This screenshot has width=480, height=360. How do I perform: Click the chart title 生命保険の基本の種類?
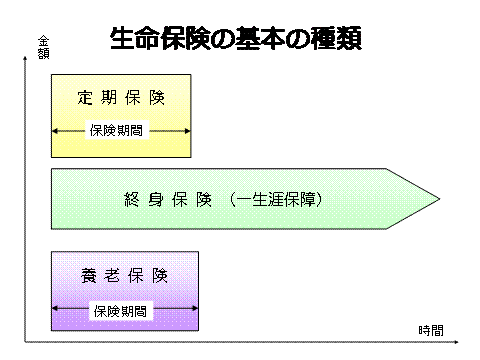pos(236,39)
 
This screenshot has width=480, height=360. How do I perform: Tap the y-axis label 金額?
pos(43,47)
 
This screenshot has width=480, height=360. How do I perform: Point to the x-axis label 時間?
pos(431,330)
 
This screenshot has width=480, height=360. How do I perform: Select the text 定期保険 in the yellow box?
pos(121,98)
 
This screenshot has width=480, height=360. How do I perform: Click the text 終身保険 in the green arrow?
pos(168,200)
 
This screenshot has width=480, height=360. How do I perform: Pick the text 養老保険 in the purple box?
pos(124,276)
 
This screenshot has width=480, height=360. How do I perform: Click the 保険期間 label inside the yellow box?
pos(116,130)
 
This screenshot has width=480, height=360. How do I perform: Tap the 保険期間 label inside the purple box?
pos(120,311)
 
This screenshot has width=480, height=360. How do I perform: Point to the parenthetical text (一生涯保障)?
pos(276,200)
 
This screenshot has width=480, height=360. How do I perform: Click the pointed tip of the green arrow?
pos(439,199)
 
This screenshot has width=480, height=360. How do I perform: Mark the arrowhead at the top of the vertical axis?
pos(25,58)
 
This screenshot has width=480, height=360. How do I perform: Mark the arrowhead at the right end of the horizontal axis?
pos(456,342)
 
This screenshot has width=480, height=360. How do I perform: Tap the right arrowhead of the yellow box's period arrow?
pos(188,131)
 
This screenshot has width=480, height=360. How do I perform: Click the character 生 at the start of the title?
pos(122,39)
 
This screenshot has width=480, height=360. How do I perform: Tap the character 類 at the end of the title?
pos(349,39)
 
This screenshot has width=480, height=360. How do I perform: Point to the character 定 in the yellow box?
pos(85,98)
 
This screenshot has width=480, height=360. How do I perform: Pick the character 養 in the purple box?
pos(88,276)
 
